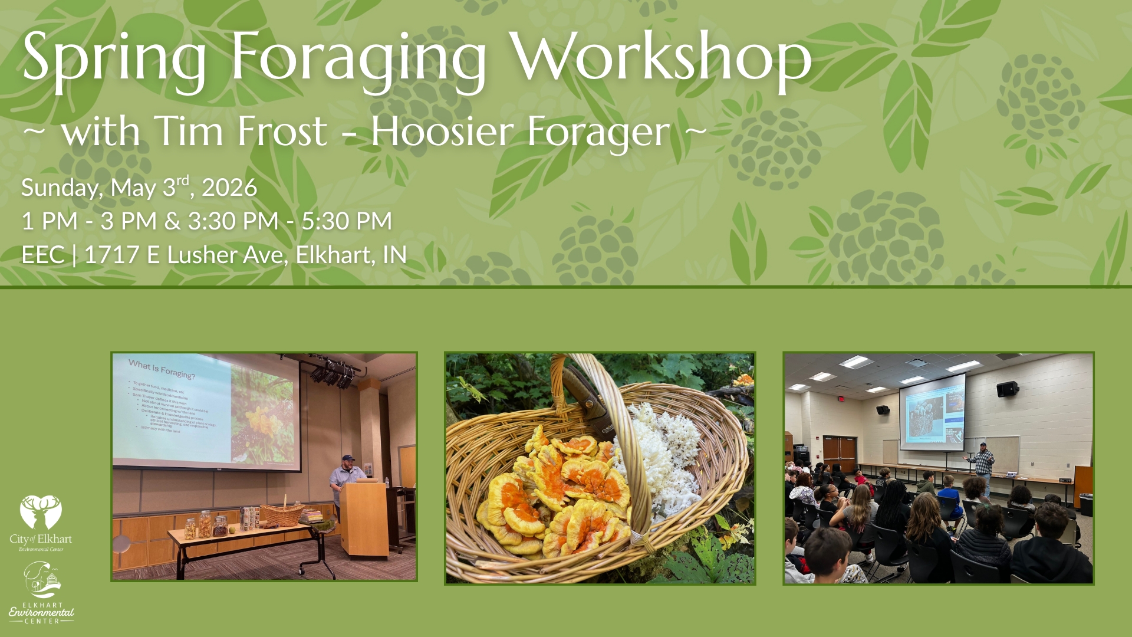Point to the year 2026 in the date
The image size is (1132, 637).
(229, 188)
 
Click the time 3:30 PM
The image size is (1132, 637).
(233, 221)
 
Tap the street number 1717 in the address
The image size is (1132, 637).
(111, 255)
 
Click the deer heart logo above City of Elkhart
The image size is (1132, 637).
(41, 512)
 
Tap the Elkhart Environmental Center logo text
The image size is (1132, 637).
(41, 613)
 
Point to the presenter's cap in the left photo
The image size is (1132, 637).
(348, 458)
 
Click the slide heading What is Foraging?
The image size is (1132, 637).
(162, 369)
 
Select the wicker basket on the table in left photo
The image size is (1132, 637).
(282, 514)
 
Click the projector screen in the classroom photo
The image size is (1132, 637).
(932, 413)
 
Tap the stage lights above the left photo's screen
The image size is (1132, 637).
(333, 375)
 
